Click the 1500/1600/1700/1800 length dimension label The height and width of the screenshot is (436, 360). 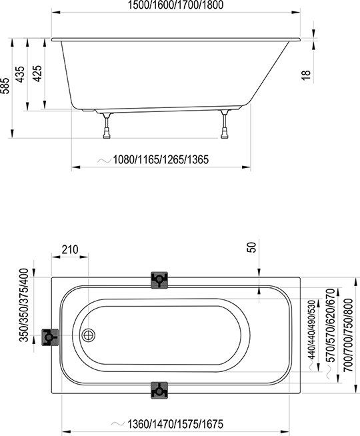[175, 5]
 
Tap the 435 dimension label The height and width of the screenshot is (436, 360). [20, 74]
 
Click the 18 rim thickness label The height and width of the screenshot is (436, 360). [305, 75]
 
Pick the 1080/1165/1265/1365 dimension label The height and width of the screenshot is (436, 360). [161, 159]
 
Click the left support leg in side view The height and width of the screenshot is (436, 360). [107, 125]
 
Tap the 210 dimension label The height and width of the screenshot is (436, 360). [70, 250]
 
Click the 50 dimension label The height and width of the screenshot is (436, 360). [251, 247]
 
